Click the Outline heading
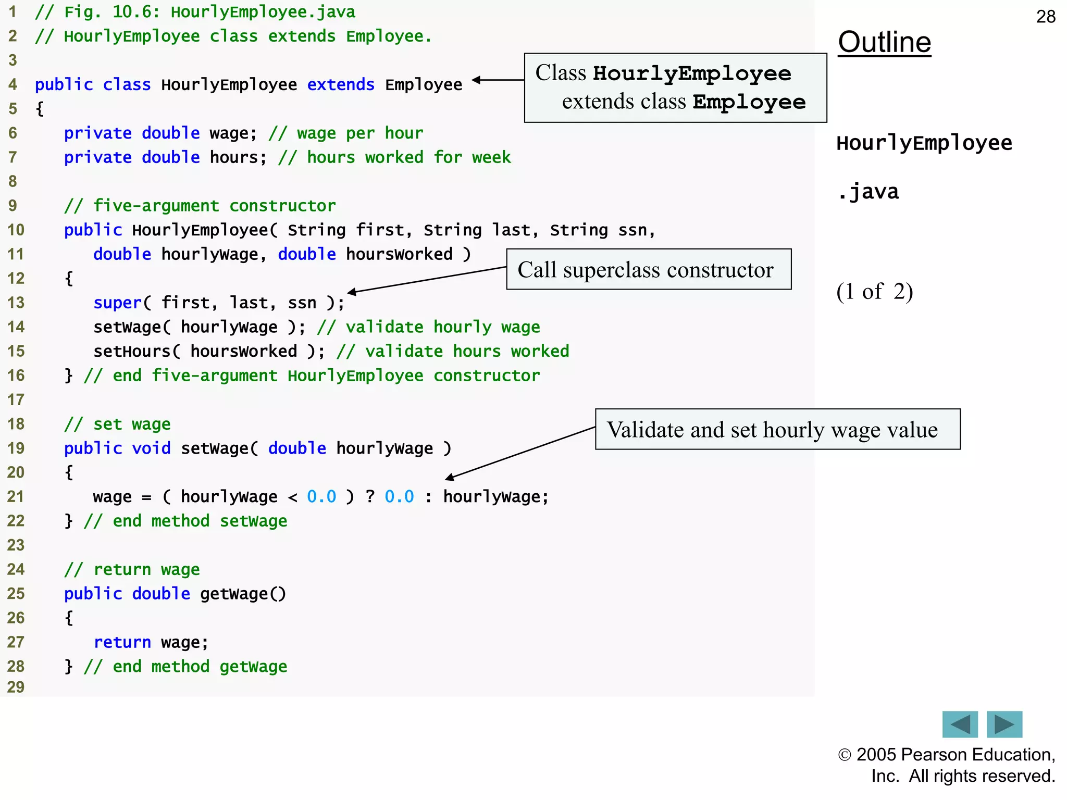884,42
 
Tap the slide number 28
1045,17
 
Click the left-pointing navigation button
960,724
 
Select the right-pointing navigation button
1004,724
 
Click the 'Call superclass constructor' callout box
648,269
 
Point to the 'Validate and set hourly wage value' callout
777,430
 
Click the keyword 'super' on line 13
117,303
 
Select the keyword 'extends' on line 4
340,84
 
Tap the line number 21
16,496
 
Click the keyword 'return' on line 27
122,642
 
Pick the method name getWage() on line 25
243,594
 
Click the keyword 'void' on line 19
151,448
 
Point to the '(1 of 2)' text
874,292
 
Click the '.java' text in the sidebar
868,192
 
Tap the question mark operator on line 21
370,496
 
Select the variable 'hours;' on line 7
238,157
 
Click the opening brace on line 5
40,109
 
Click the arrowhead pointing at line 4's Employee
476,80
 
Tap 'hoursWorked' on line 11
399,254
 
